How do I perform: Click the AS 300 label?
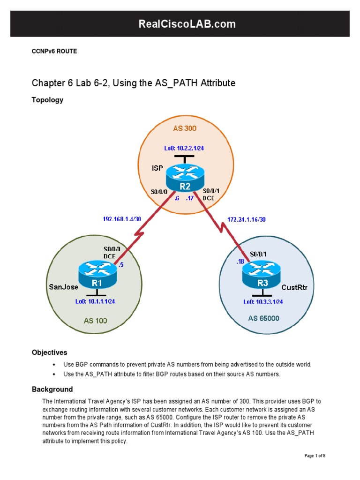(184, 128)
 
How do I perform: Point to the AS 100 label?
(96, 321)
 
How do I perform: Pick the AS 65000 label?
(263, 318)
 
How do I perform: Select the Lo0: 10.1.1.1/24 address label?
(95, 301)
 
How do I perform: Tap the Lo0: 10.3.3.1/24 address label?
(262, 301)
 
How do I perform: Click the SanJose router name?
(63, 286)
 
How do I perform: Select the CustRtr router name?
(294, 286)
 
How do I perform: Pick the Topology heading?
(47, 100)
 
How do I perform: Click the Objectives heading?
(49, 352)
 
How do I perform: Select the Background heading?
(52, 389)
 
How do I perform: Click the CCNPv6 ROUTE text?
(54, 52)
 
